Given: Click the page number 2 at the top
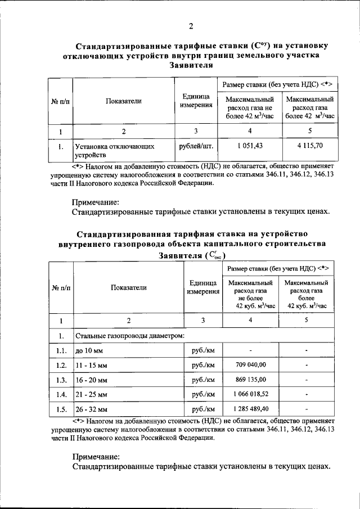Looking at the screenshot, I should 191,26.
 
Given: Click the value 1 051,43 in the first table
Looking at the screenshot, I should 250,145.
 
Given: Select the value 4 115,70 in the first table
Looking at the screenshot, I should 310,145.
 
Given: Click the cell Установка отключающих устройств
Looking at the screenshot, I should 115,150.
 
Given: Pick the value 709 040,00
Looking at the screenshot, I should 250,364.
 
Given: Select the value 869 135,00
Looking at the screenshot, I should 250,379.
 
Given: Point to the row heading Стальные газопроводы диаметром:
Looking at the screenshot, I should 130,336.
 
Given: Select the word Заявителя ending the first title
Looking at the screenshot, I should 191,65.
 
